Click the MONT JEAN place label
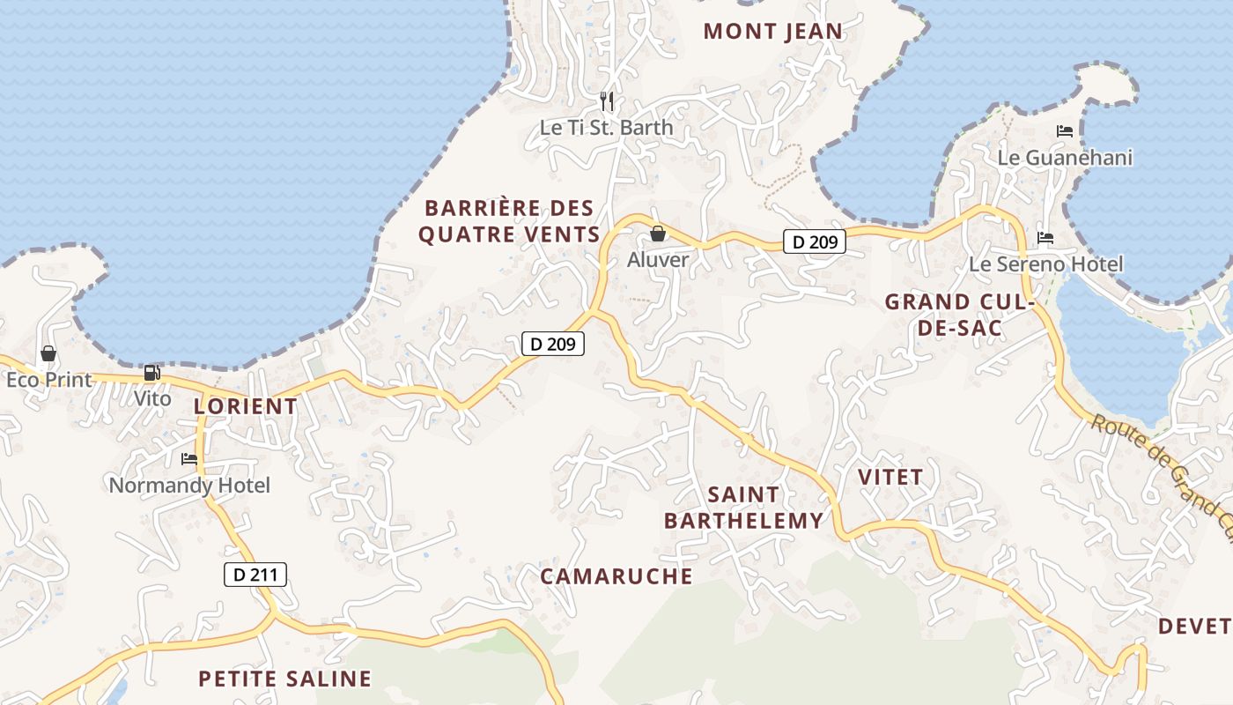773,32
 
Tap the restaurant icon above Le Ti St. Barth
606,101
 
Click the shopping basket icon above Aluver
658,234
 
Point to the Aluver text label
658,260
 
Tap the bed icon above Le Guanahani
1065,131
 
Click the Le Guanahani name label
1065,158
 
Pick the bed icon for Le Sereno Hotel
1045,238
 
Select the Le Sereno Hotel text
1045,264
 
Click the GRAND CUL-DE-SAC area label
958,315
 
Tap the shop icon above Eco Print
48,353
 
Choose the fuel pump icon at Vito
152,373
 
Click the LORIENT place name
245,406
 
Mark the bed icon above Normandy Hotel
189,458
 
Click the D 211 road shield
255,575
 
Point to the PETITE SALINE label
284,679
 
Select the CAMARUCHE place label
616,576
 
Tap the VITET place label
890,478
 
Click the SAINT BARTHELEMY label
744,508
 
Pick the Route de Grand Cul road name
1163,467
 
